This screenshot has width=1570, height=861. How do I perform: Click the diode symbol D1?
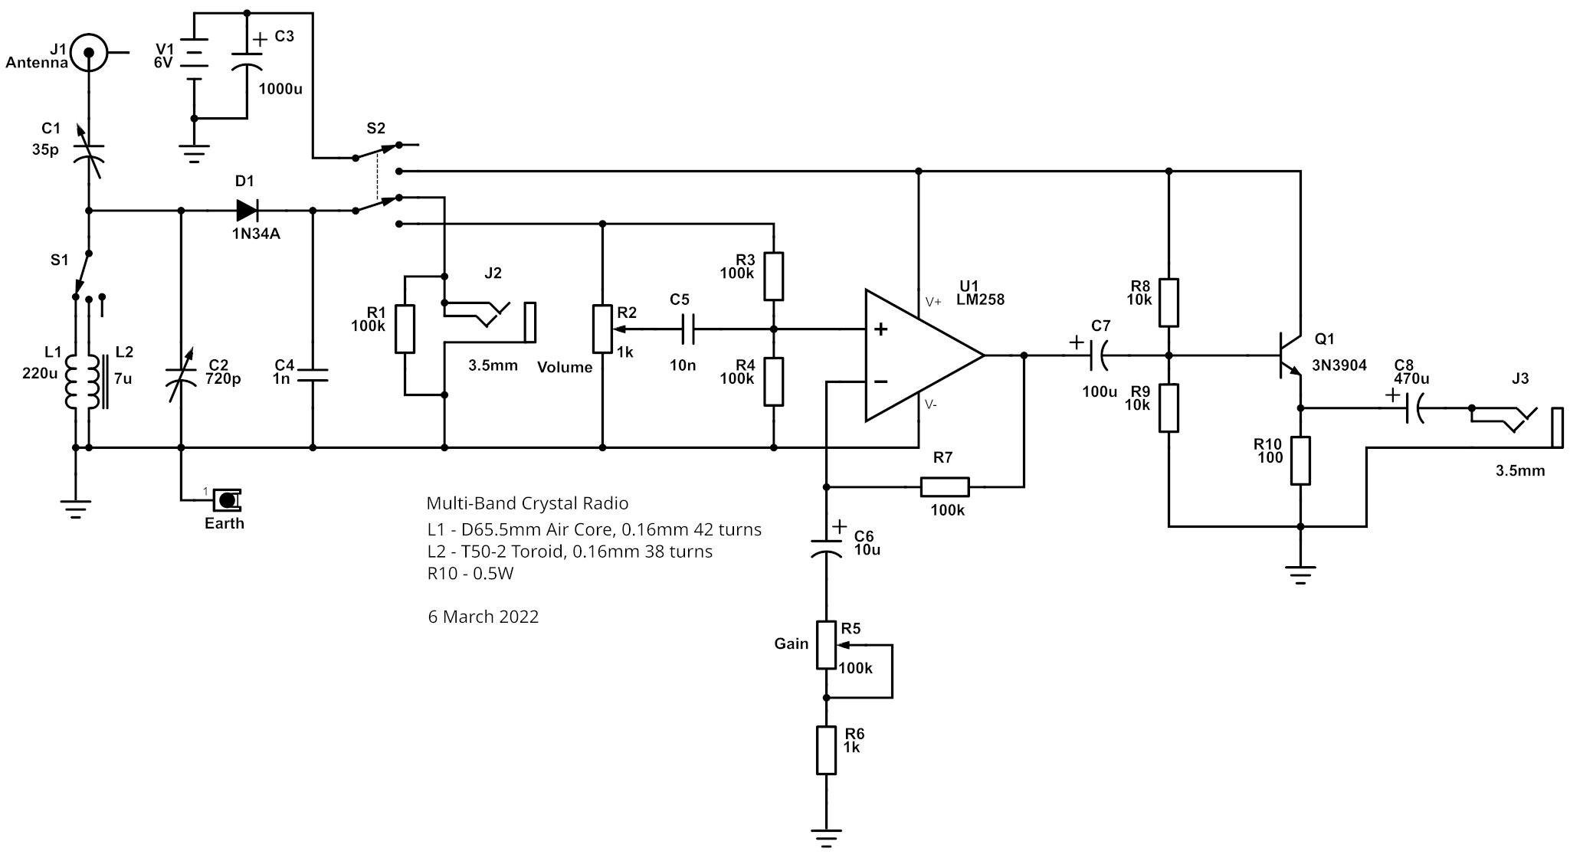246,210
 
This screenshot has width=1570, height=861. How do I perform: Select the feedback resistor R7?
945,486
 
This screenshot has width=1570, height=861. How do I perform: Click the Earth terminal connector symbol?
227,500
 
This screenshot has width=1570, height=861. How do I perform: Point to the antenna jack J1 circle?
88,53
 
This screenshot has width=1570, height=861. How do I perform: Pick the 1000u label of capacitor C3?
280,89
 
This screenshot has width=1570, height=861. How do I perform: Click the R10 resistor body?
1300,460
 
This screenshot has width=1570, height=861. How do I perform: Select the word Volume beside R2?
565,368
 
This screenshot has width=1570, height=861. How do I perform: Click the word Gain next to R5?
792,643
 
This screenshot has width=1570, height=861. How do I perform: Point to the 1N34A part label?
256,234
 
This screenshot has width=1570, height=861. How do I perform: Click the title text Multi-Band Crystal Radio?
527,503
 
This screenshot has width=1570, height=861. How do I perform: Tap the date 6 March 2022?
483,617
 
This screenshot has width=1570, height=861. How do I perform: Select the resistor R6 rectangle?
826,750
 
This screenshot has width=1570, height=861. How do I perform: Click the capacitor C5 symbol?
687,330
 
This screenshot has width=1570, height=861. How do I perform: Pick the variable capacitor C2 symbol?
182,375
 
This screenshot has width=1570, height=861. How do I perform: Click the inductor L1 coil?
74,381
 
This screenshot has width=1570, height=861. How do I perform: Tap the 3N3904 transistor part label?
1339,365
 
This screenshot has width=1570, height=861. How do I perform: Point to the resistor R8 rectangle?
1168,303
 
